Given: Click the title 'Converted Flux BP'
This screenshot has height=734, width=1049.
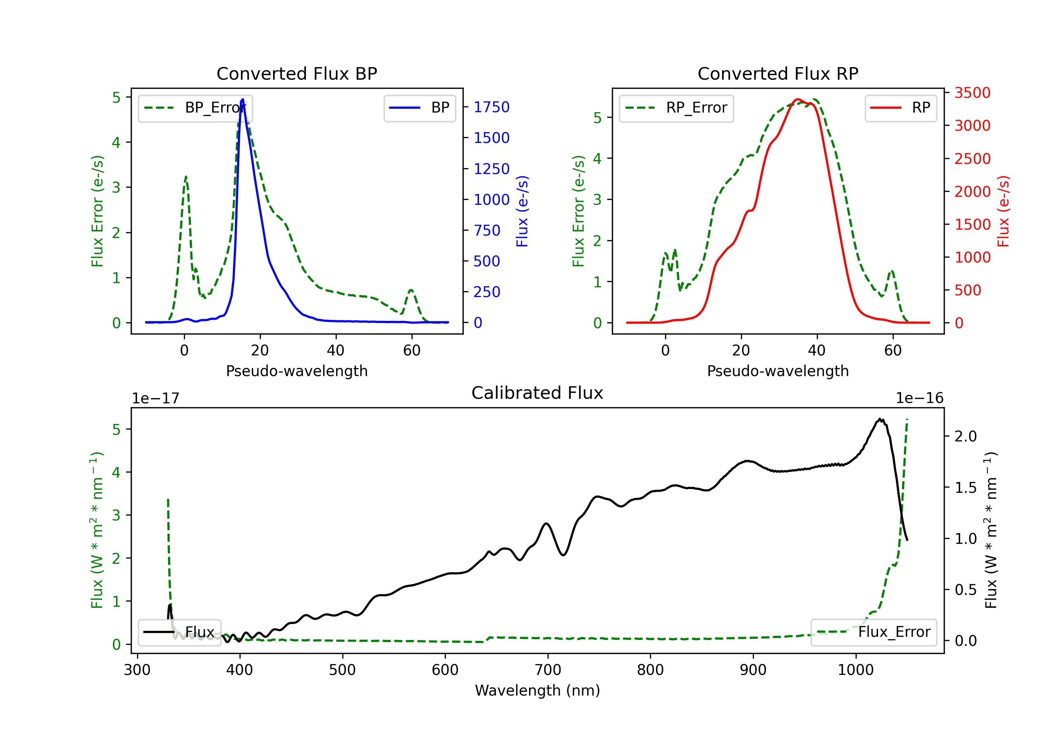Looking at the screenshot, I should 297,73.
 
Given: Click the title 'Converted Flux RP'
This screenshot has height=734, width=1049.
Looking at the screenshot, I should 778,73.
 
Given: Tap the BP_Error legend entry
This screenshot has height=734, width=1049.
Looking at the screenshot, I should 195,108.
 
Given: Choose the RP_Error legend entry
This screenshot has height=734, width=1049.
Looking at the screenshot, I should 676,108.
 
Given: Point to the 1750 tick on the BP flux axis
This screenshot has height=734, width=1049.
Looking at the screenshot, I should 491,107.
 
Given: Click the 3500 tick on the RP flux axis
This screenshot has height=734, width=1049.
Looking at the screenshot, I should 972,93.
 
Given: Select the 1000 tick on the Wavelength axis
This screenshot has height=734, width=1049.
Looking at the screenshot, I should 855,670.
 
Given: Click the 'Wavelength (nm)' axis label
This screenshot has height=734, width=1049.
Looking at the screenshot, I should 537,690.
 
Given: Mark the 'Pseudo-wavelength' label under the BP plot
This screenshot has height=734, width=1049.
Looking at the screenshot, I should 297,371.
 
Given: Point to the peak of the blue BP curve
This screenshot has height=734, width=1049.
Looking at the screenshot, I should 243,99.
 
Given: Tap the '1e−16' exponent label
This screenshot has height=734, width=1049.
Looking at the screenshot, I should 919,398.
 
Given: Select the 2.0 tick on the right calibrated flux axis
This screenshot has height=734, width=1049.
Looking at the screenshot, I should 965,436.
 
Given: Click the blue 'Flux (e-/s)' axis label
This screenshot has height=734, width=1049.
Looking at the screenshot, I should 522,211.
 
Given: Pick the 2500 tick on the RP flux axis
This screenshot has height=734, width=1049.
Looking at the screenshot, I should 972,158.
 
